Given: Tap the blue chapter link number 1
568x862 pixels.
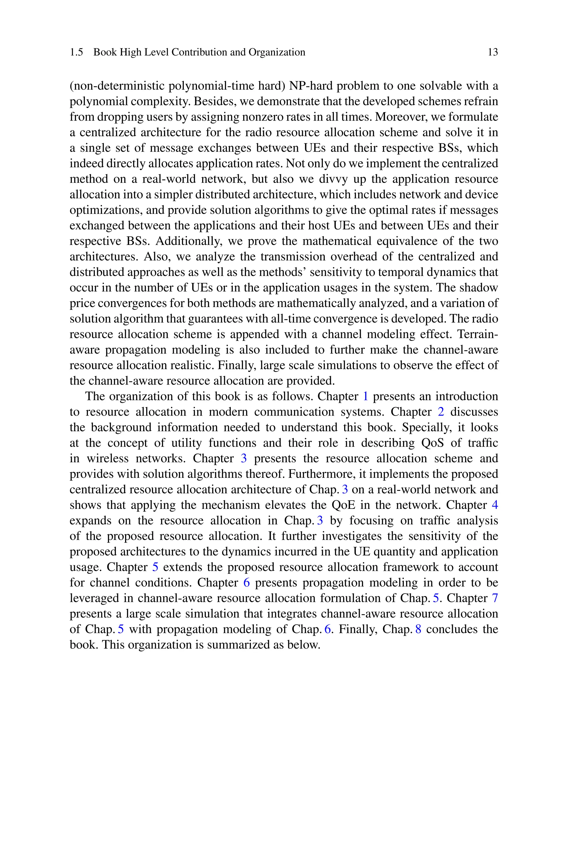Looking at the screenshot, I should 366,396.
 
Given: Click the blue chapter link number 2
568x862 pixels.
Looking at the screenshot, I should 441,412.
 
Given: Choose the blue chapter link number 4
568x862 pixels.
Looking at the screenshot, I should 495,505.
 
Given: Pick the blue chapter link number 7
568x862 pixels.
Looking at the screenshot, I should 495,598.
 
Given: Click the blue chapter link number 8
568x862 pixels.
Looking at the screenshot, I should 419,629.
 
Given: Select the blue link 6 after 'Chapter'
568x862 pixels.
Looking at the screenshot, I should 247,582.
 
